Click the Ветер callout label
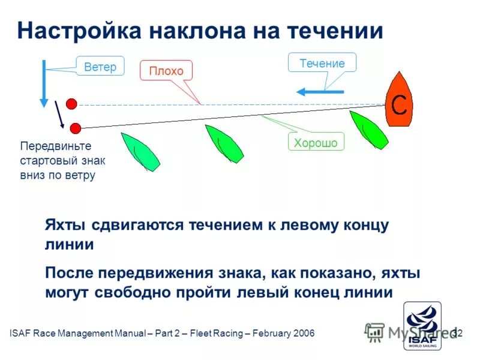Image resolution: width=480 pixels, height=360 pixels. click(100, 67)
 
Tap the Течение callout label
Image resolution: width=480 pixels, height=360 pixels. click(322, 63)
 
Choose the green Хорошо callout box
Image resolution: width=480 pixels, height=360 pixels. click(316, 142)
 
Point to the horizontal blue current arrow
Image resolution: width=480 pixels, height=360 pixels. click(320, 92)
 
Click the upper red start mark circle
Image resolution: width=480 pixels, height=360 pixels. click(71, 104)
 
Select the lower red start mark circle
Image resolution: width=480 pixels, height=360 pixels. click(76, 128)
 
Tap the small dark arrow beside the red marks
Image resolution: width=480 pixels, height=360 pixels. click(59, 114)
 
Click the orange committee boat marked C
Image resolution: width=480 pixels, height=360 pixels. click(398, 100)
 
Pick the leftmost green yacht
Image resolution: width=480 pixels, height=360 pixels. click(140, 152)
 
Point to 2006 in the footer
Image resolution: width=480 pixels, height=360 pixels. click(302, 333)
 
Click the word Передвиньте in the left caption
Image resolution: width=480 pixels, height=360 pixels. click(55, 146)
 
